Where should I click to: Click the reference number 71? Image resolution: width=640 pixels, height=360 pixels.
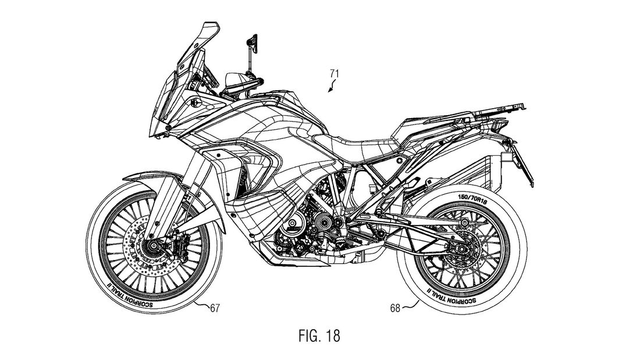point(334,74)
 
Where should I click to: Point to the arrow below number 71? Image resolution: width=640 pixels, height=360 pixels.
point(330,88)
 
